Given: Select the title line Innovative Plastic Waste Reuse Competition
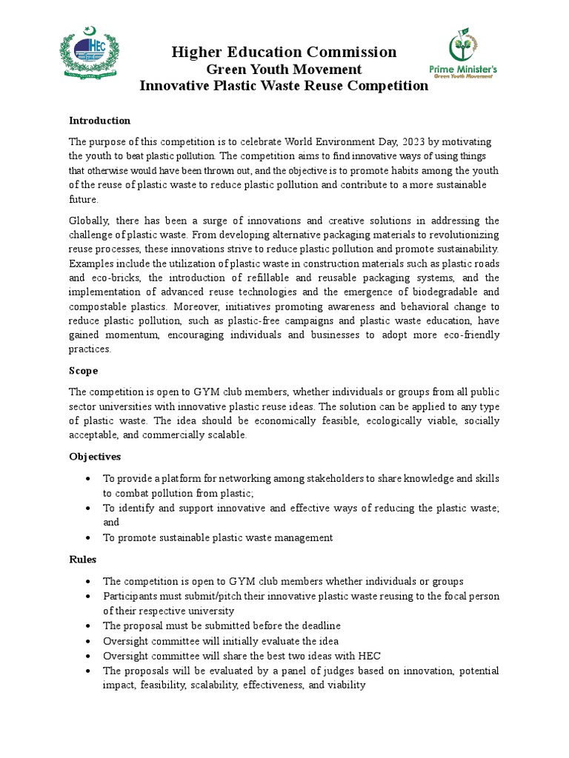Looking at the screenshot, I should point(284,86).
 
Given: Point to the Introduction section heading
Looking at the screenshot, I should point(99,120).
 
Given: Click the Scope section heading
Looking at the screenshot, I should point(83,370).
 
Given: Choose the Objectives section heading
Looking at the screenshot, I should point(95,457).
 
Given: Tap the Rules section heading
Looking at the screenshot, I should point(82,560).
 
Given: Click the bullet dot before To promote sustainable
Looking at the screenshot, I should point(89,538).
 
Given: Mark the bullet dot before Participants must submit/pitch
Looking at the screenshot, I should point(89,596).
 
